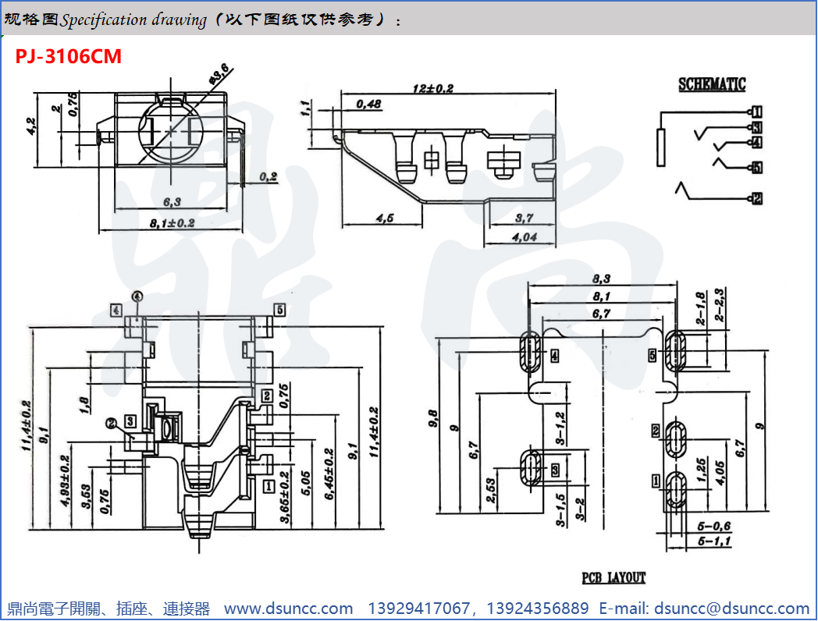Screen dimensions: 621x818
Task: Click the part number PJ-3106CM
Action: (x=69, y=56)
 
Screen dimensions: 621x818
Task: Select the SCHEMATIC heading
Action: (x=711, y=84)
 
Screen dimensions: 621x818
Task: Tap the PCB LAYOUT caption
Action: (x=613, y=578)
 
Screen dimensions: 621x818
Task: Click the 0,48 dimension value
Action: (x=368, y=105)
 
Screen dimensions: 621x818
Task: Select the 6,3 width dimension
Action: (x=172, y=202)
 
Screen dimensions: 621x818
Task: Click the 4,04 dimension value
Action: (x=524, y=238)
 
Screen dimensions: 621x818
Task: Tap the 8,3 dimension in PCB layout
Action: (x=601, y=278)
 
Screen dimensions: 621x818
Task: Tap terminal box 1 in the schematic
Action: (x=756, y=112)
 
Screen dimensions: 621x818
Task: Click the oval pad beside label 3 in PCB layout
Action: (x=532, y=467)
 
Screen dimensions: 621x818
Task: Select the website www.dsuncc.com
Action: (x=288, y=608)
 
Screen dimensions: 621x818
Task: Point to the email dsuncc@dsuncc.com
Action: (x=731, y=608)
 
